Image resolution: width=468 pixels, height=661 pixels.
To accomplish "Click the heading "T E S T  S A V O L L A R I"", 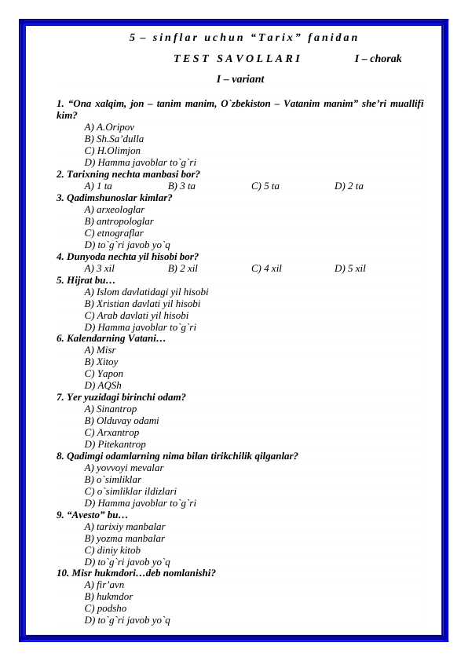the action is [x=236, y=58].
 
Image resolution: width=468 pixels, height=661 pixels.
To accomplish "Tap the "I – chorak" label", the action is [x=378, y=58].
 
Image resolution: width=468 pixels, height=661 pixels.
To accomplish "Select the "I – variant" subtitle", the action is [x=239, y=79].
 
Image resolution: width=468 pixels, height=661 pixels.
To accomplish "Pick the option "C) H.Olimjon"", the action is [x=112, y=151].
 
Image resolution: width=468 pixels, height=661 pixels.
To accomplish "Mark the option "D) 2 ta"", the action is [x=349, y=187].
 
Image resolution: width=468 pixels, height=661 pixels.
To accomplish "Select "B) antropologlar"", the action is [x=119, y=221].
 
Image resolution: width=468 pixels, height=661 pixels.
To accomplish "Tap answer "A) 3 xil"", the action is [x=99, y=268].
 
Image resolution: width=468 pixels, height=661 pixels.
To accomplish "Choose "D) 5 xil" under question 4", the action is [x=350, y=268].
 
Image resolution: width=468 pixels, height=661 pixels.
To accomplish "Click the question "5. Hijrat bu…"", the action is [x=86, y=280].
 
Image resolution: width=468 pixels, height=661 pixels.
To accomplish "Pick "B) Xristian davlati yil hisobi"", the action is [x=142, y=304].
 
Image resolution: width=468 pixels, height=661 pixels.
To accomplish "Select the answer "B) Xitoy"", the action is [x=101, y=363].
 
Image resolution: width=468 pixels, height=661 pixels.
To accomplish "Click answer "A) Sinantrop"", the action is [x=110, y=410].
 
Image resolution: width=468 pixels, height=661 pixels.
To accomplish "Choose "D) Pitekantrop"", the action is [x=115, y=444].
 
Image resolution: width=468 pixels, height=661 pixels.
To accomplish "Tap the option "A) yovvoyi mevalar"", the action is [x=124, y=468].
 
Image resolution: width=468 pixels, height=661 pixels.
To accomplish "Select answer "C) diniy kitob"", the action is [x=112, y=550].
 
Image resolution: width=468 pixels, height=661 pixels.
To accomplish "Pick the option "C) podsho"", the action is [x=105, y=608].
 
